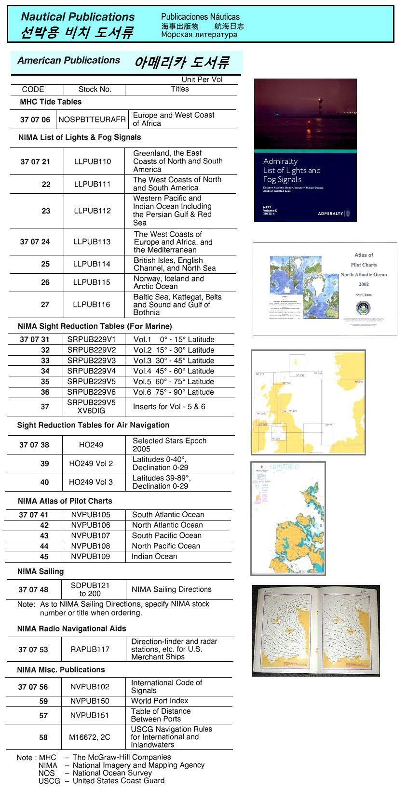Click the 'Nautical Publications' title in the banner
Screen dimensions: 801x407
tap(78, 17)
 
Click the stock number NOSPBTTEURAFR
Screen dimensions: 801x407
tap(92, 119)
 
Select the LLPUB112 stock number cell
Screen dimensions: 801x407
tap(92, 211)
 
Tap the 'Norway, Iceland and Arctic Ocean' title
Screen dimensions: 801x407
tap(168, 282)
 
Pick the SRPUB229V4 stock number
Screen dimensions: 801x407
tap(92, 371)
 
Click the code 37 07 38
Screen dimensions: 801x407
tap(34, 445)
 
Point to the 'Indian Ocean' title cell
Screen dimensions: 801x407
tap(154, 557)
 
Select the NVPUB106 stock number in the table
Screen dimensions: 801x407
tap(91, 525)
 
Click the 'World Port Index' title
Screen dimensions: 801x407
tap(160, 701)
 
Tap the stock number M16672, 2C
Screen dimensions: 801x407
tap(89, 737)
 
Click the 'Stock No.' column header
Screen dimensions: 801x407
tap(95, 89)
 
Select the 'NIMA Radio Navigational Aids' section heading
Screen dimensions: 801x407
tap(71, 628)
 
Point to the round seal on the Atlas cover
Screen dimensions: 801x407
tap(363, 307)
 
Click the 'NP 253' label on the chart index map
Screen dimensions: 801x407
tap(358, 382)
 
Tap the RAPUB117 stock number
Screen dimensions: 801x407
tap(90, 649)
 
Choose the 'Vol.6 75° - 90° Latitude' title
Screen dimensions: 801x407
tap(174, 392)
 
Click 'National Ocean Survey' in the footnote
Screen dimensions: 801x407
tap(112, 773)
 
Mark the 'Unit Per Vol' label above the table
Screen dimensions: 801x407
tap(202, 80)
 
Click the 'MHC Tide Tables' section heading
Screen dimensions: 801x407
tap(51, 102)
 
